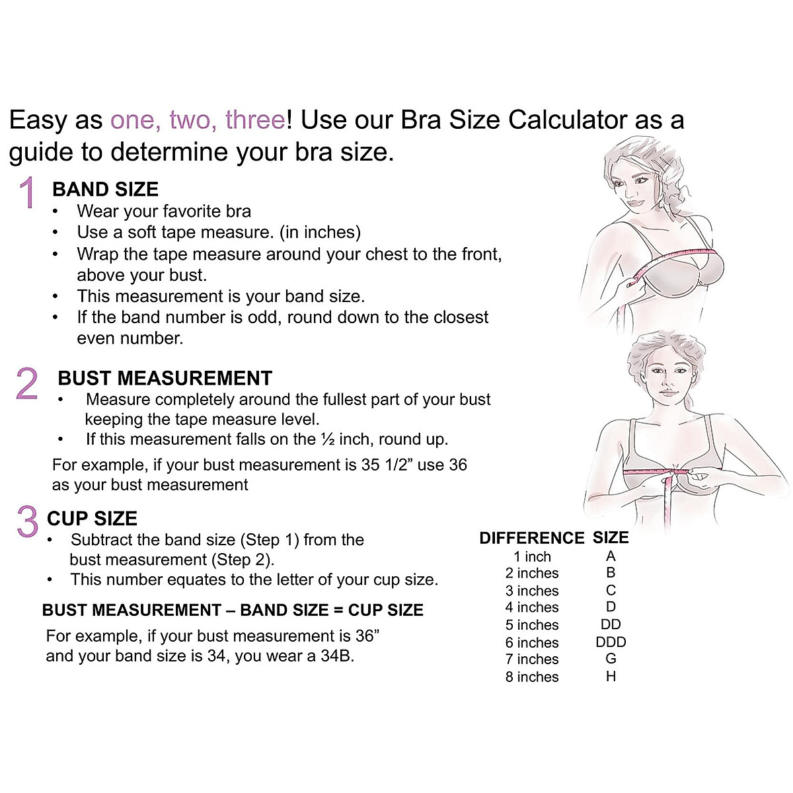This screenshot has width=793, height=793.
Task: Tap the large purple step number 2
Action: (x=27, y=383)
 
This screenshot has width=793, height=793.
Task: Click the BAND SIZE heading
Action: (x=105, y=190)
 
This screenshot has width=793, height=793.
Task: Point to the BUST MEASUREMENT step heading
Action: (x=165, y=378)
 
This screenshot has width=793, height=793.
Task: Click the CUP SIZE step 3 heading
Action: (x=92, y=519)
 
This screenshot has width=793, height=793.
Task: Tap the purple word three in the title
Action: (x=254, y=120)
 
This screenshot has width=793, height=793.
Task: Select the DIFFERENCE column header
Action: (x=531, y=538)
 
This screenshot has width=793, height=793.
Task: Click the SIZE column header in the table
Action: (x=610, y=538)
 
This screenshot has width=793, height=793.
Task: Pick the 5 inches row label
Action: (x=531, y=625)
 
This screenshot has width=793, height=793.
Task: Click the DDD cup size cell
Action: (x=610, y=642)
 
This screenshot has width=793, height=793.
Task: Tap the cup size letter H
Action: (x=610, y=677)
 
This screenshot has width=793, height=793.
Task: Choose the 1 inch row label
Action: (x=531, y=556)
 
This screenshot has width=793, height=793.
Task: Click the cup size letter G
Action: (x=610, y=660)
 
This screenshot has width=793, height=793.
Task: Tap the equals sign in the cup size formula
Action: (x=338, y=611)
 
